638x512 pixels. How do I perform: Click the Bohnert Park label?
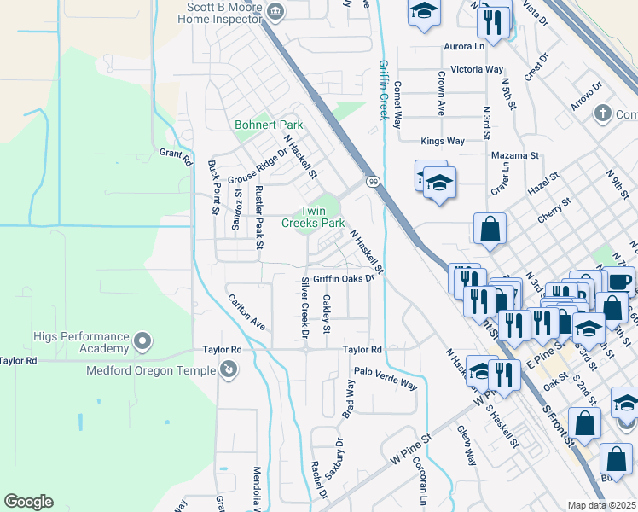pyautogui.click(x=269, y=125)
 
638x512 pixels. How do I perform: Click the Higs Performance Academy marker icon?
pyautogui.click(x=142, y=343)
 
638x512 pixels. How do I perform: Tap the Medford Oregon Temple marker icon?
pyautogui.click(x=229, y=369)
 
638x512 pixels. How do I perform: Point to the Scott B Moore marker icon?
pyautogui.click(x=275, y=10)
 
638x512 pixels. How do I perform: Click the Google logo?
pyautogui.click(x=28, y=502)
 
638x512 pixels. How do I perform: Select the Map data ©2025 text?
pyautogui.click(x=601, y=505)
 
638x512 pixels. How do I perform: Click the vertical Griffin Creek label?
pyautogui.click(x=384, y=90)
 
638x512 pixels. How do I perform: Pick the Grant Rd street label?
pyautogui.click(x=176, y=155)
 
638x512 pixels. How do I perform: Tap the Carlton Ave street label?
pyautogui.click(x=246, y=312)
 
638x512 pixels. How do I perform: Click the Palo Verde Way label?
pyautogui.click(x=386, y=379)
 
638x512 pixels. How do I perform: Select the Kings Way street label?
pyautogui.click(x=442, y=141)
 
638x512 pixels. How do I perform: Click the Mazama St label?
pyautogui.click(x=515, y=155)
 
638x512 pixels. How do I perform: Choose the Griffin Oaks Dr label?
pyautogui.click(x=344, y=278)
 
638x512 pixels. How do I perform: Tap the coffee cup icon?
pyautogui.click(x=619, y=280)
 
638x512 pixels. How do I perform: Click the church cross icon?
pyautogui.click(x=603, y=113)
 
